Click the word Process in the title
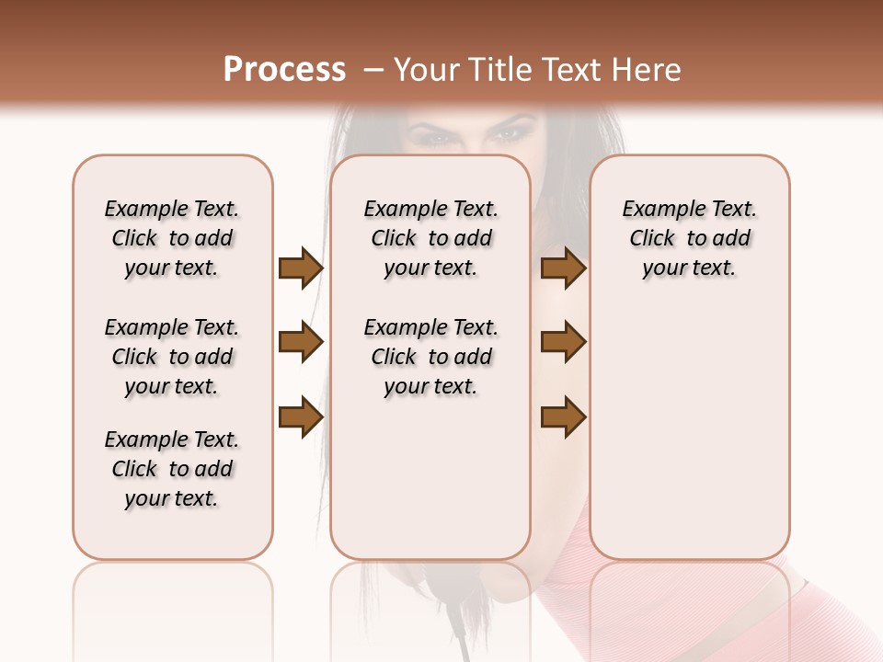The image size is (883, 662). point(284,70)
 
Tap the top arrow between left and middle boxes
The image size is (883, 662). point(300,268)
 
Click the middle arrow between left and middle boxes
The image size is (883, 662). point(300,343)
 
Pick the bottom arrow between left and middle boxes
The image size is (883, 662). point(300,417)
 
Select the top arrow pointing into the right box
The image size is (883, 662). point(563,268)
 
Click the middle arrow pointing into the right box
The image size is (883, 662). point(563,343)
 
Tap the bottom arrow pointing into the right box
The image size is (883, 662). point(563,417)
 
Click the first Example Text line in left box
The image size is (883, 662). point(172,209)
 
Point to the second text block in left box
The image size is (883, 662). point(172,357)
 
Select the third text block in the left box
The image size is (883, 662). point(172,469)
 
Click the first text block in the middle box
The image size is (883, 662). point(430,238)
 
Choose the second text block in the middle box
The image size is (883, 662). point(430,357)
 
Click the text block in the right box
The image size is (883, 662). point(689,238)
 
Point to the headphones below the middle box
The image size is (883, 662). point(430,598)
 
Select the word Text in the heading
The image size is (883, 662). point(574,70)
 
